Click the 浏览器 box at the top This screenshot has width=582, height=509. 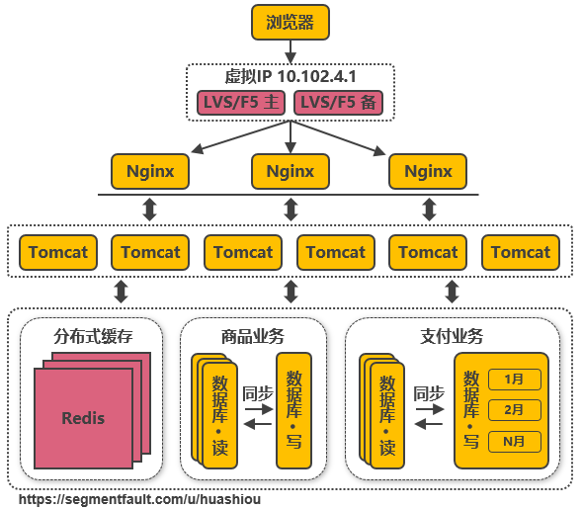(x=290, y=23)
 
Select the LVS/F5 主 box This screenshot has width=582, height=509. (x=240, y=103)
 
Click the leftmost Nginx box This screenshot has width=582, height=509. (x=150, y=171)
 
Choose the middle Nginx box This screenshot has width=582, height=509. (x=290, y=171)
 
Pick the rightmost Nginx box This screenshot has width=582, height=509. (x=428, y=171)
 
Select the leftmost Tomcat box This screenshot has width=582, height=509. (x=57, y=252)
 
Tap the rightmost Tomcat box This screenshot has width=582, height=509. (x=521, y=252)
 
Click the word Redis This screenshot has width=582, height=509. (x=83, y=417)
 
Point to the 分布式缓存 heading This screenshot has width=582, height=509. (x=93, y=336)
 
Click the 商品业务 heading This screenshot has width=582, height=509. (x=252, y=336)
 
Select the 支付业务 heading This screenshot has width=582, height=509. (x=454, y=336)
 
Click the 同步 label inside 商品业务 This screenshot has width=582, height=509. (x=257, y=392)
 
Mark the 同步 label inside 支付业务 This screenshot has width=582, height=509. (x=429, y=392)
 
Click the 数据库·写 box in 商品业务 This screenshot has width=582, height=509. (x=293, y=409)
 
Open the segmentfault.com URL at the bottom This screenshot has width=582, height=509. (x=138, y=499)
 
